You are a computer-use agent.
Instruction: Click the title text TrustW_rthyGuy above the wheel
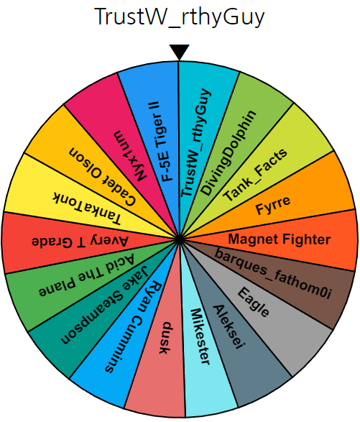(180, 17)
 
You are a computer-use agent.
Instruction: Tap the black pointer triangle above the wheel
(179, 52)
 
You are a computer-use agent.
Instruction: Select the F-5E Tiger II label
(164, 142)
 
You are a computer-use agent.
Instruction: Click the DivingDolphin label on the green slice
(229, 152)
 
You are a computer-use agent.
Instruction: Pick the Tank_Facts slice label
(255, 175)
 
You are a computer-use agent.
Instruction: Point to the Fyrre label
(273, 205)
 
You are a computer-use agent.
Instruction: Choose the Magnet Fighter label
(280, 239)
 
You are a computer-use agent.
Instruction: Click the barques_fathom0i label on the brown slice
(273, 273)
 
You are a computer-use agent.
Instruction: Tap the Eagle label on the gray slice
(253, 302)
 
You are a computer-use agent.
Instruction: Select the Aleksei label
(229, 326)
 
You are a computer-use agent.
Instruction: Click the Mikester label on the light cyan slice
(200, 336)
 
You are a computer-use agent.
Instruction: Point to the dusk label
(165, 338)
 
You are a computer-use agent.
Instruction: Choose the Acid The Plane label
(86, 275)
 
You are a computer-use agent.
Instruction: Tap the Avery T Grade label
(80, 242)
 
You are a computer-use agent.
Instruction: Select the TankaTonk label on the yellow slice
(87, 208)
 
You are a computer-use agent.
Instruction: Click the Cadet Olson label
(102, 176)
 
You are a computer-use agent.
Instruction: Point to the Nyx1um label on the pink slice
(130, 156)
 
